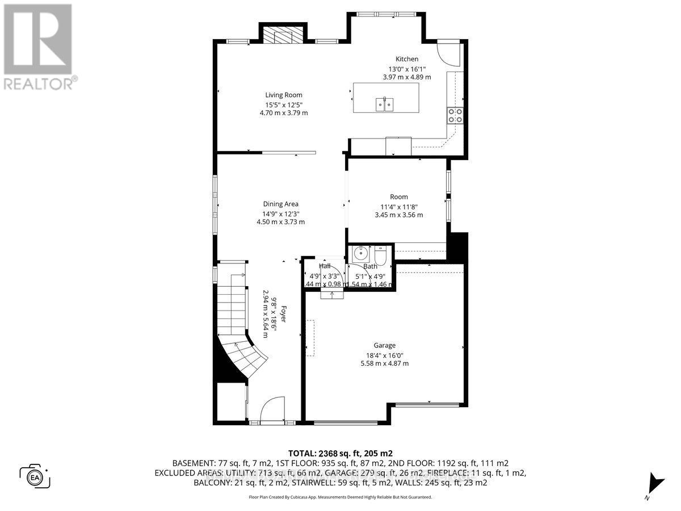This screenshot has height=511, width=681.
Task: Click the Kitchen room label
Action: pyautogui.click(x=407, y=59)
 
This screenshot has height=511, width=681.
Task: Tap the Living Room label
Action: pyautogui.click(x=284, y=95)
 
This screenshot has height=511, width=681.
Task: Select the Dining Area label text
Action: pyautogui.click(x=280, y=204)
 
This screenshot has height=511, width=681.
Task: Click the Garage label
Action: pyautogui.click(x=384, y=345)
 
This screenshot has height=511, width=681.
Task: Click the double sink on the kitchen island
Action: pyautogui.click(x=384, y=104)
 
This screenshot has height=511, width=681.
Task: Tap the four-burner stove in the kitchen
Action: pyautogui.click(x=455, y=115)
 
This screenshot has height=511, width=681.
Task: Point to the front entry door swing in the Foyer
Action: pyautogui.click(x=269, y=410)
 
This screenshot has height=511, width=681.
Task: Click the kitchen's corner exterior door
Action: pyautogui.click(x=450, y=53)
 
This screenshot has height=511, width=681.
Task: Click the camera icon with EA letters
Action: pyautogui.click(x=35, y=476)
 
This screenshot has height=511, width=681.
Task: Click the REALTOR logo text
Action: pyautogui.click(x=39, y=83)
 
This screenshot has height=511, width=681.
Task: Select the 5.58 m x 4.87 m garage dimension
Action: pyautogui.click(x=384, y=363)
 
